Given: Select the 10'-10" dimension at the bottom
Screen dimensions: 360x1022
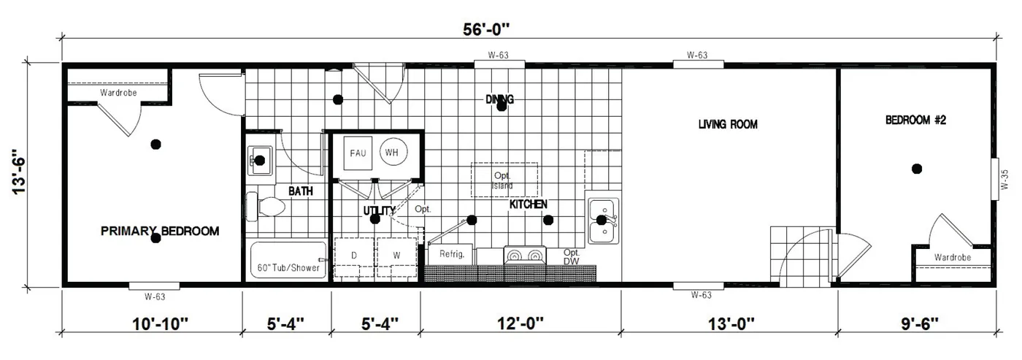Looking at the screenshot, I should tap(152, 322).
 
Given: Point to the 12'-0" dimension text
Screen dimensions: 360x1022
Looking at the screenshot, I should tap(520, 322).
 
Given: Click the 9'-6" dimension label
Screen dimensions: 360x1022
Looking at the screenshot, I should tap(915, 322).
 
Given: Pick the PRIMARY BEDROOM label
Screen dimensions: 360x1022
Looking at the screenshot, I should tap(160, 231).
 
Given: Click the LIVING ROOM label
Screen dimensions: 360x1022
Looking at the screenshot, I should tap(728, 125).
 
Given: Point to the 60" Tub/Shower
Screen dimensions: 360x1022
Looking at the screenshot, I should tap(288, 259).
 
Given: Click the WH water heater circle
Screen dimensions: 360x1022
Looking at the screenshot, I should tap(392, 153).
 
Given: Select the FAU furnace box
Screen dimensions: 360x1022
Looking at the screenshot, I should tap(358, 153).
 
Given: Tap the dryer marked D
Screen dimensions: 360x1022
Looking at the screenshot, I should tap(355, 256).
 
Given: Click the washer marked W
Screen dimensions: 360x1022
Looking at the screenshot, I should tap(396, 256).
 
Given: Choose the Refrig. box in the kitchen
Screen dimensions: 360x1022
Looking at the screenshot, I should tap(451, 255).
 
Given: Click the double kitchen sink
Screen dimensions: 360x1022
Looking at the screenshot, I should tap(603, 221).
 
